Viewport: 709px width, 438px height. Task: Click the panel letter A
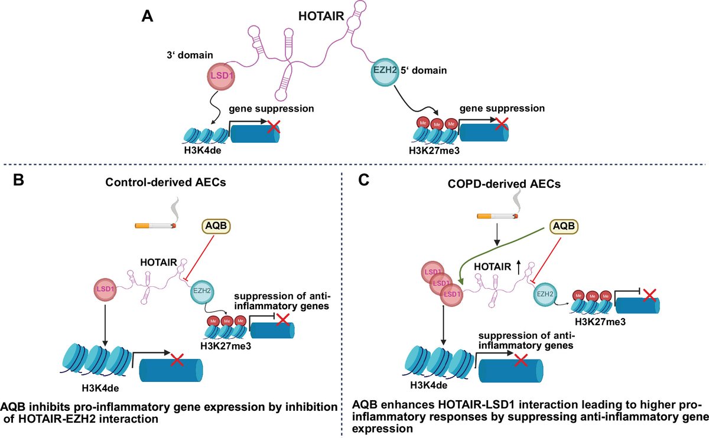(148, 17)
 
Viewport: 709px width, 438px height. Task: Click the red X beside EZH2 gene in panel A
(500, 124)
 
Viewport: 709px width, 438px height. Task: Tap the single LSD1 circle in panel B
(105, 289)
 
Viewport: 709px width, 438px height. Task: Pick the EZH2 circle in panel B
(200, 291)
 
